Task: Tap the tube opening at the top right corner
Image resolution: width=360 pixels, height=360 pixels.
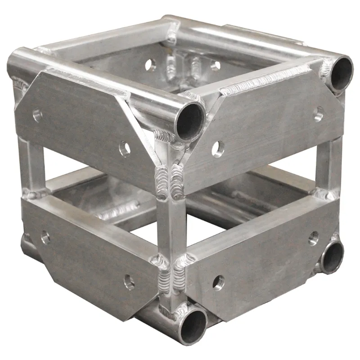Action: tap(340, 71)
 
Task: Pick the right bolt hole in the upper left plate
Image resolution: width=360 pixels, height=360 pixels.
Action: tap(124, 148)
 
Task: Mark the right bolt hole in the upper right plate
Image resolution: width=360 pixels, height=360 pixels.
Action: tap(319, 114)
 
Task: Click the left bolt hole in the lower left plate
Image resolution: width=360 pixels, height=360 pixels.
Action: tap(45, 237)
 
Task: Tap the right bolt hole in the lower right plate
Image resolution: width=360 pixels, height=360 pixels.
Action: tap(313, 238)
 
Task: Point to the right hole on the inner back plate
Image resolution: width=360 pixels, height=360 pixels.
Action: tap(215, 66)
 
